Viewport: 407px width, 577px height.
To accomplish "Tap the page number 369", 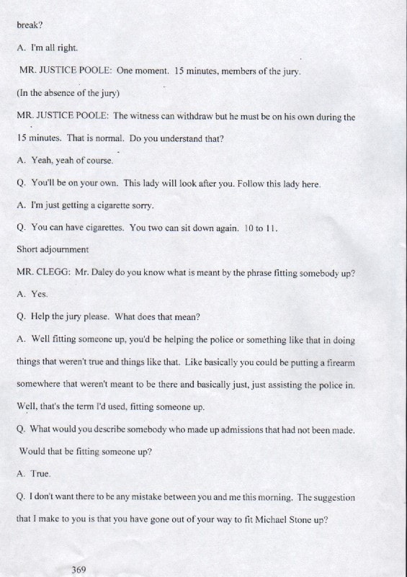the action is [x=79, y=570].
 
